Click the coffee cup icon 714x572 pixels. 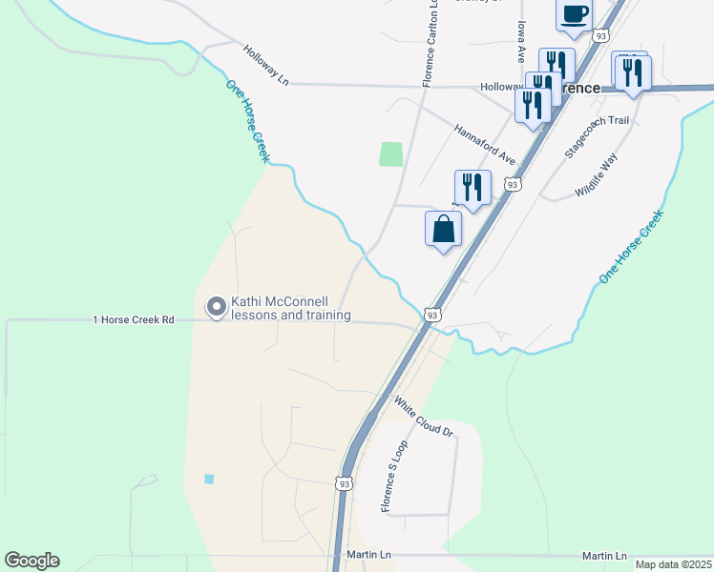574,15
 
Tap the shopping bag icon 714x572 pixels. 443,229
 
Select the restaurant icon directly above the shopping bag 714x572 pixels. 472,188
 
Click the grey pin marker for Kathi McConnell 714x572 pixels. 217,307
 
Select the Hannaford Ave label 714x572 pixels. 484,144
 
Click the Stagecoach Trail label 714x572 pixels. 598,136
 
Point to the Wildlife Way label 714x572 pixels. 598,175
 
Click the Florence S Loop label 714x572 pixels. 394,476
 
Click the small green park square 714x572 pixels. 390,153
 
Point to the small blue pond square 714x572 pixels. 209,479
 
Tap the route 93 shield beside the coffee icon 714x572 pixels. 600,35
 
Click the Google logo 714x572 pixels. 32,561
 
